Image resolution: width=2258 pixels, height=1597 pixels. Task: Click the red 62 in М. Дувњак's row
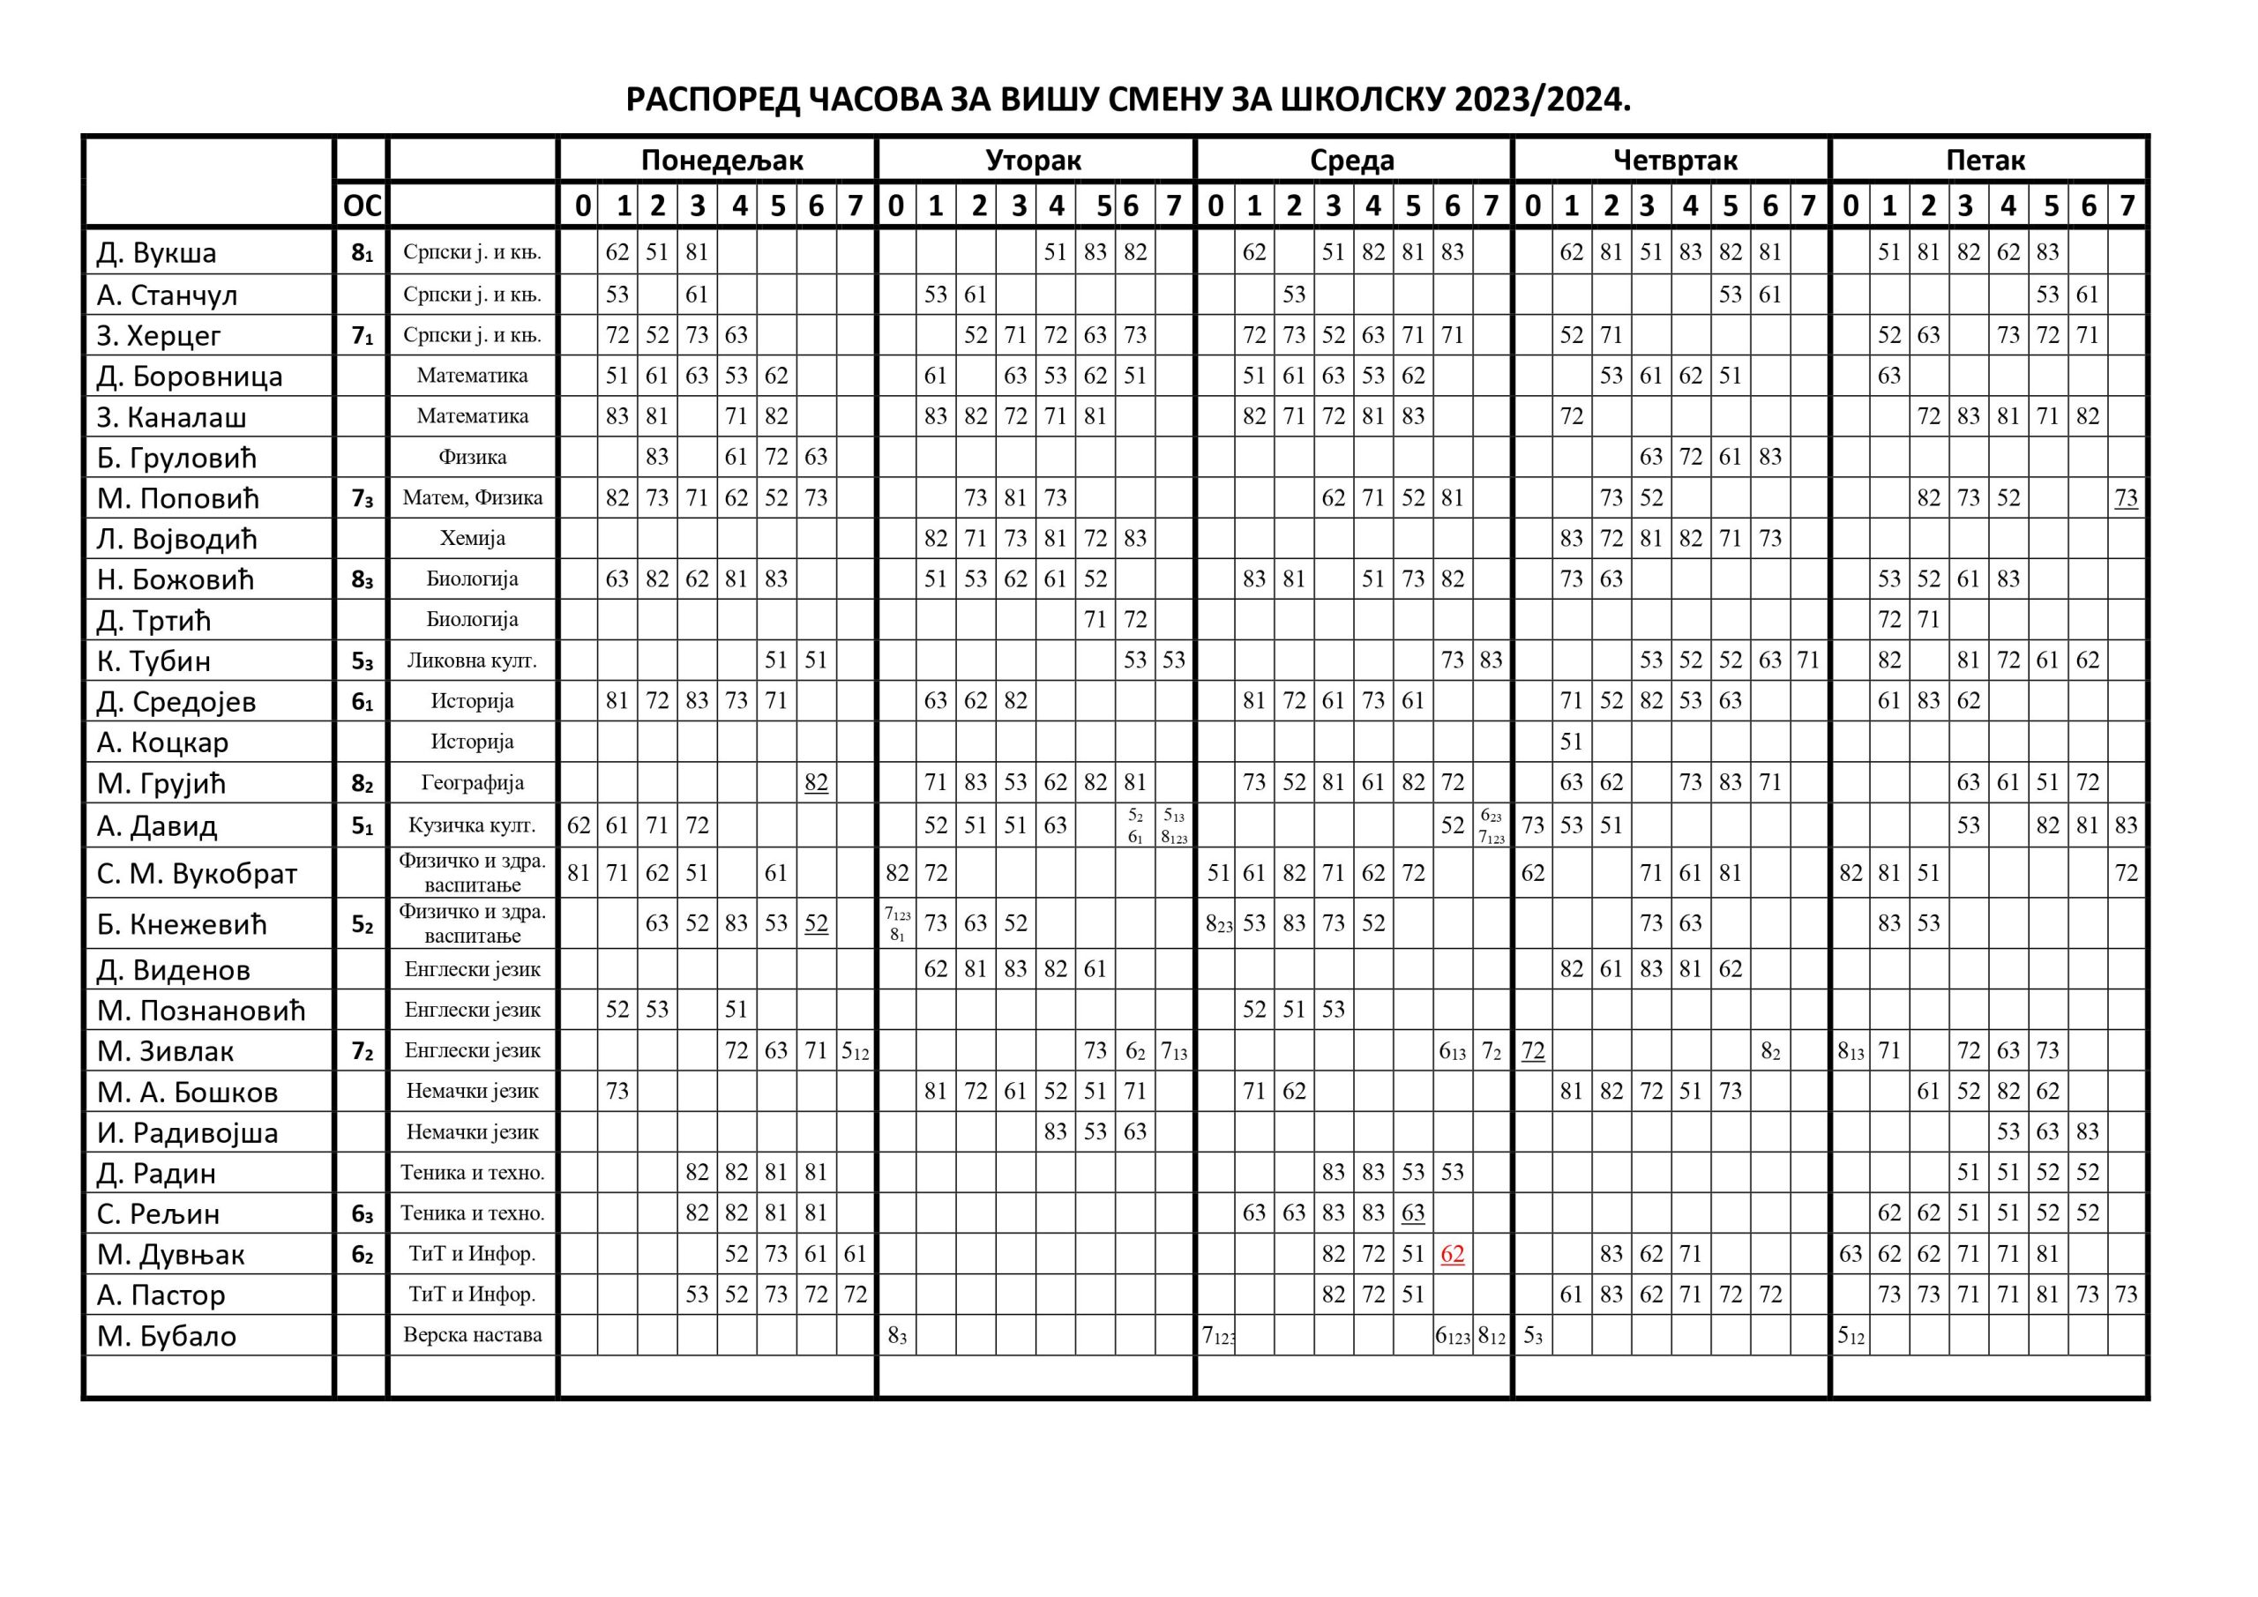tap(1452, 1254)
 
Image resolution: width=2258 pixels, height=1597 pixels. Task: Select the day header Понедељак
tap(722, 160)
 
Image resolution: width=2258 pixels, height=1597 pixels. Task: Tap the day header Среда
tap(1351, 160)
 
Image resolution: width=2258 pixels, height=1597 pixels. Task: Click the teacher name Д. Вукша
tap(156, 253)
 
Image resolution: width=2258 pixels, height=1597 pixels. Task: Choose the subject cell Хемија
tap(472, 538)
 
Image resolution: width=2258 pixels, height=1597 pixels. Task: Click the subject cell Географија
tap(472, 783)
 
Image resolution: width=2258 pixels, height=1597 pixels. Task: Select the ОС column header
tap(361, 206)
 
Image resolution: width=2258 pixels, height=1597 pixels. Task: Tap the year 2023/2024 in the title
tap(1542, 101)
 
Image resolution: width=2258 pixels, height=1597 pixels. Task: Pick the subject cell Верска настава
tap(472, 1334)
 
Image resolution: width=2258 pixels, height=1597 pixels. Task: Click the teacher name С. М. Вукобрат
tap(197, 873)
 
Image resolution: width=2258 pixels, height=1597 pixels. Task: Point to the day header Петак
tap(1985, 160)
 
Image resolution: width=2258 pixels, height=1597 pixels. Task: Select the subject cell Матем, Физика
tap(472, 497)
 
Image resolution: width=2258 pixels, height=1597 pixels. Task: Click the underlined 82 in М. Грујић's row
tap(815, 783)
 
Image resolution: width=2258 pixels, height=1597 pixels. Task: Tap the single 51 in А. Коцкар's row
tap(1571, 742)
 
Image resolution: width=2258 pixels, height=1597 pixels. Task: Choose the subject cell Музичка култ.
tap(472, 825)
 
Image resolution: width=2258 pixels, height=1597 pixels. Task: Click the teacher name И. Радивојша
tap(187, 1132)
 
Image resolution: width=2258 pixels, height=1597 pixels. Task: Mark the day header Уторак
tap(1034, 160)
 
